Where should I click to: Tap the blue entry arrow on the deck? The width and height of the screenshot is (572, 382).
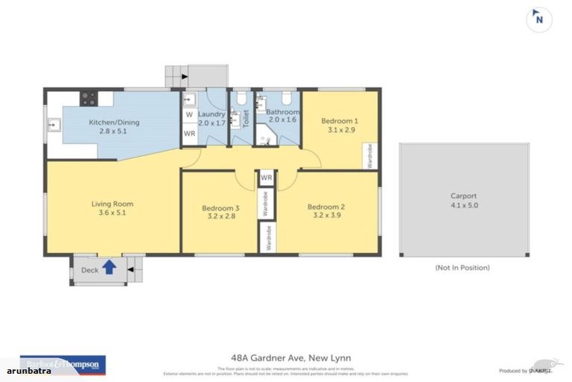109,266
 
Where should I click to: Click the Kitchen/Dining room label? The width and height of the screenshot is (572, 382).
114,122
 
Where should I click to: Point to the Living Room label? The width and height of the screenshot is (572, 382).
112,204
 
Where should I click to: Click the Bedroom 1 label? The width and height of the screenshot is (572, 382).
340,121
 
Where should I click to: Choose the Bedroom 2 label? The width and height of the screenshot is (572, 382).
326,207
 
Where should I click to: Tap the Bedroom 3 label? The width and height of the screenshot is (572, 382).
221,208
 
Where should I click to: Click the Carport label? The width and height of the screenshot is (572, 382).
464,196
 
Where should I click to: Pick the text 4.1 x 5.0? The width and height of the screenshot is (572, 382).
464,205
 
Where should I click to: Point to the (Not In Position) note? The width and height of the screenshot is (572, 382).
462,267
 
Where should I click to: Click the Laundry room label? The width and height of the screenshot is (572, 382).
211,114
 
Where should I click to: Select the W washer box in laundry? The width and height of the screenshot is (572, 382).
189,116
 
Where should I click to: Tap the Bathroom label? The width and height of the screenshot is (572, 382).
282,111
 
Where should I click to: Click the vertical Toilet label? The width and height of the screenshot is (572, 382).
247,120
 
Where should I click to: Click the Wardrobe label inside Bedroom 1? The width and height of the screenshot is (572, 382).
371,155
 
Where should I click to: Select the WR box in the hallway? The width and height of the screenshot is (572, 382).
267,178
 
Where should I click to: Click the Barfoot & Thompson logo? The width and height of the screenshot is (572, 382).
63,363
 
